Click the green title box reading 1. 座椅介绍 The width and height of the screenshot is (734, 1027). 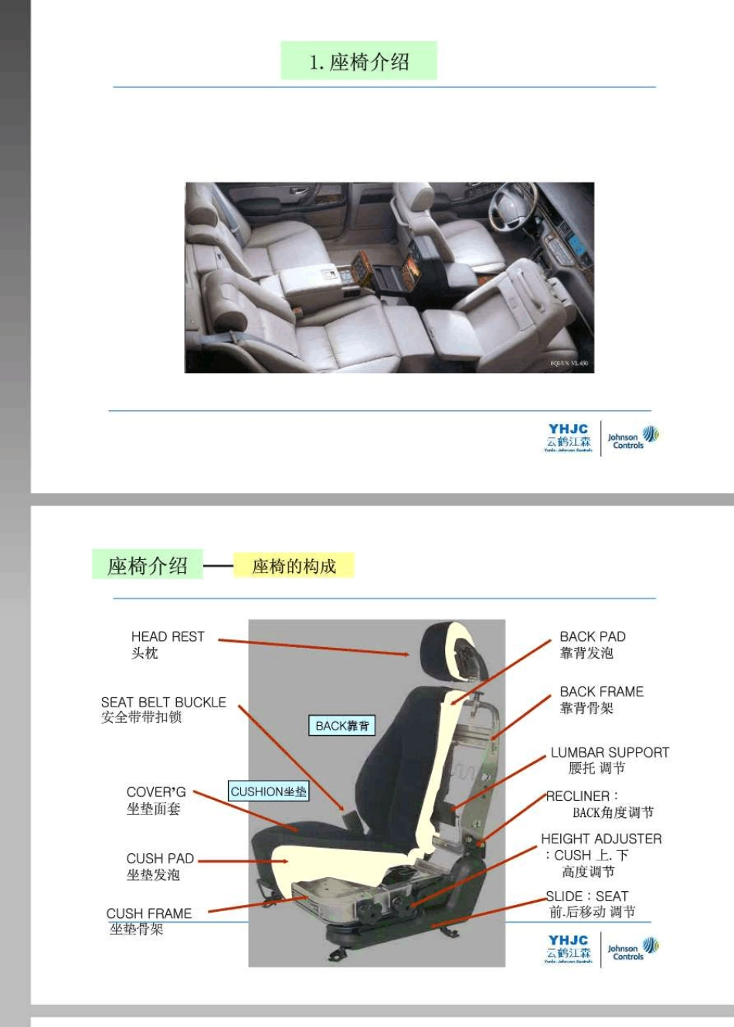tap(359, 61)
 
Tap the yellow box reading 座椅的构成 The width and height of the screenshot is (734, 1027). tap(294, 566)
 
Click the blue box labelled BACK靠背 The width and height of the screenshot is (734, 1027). tap(342, 726)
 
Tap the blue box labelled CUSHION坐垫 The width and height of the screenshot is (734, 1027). tap(269, 791)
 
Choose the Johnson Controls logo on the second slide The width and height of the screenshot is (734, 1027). tap(633, 949)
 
